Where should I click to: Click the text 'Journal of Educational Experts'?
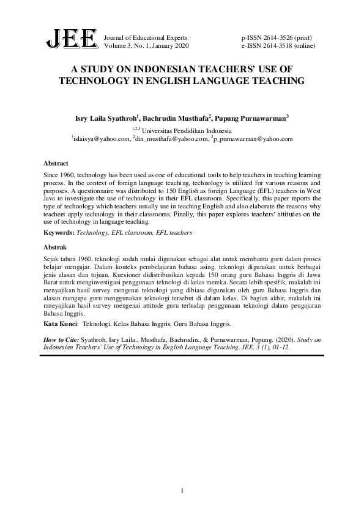pos(146,37)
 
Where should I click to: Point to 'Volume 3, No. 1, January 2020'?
pos(147,46)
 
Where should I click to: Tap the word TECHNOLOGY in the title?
pos(101,80)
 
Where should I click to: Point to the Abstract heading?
pos(55,164)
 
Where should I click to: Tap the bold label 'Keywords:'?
pos(59,233)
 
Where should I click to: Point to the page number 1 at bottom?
pos(182,490)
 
